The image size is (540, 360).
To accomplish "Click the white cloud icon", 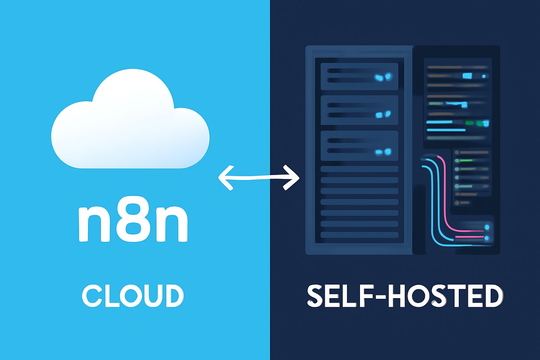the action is pos(130,118).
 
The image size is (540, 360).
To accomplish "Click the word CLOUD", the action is pos(133,295).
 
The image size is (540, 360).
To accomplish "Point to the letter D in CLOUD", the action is pos(174,295).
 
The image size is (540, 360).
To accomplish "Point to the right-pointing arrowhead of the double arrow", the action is pos(291,178).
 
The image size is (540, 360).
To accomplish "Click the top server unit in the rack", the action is pos(359,76).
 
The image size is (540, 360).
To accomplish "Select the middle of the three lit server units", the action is pos(359,110).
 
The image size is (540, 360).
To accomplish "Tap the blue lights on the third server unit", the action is pos(383,152).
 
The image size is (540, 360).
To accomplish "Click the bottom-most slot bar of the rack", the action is pos(359,234).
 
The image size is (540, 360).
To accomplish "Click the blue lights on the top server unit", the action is pos(383,77).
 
